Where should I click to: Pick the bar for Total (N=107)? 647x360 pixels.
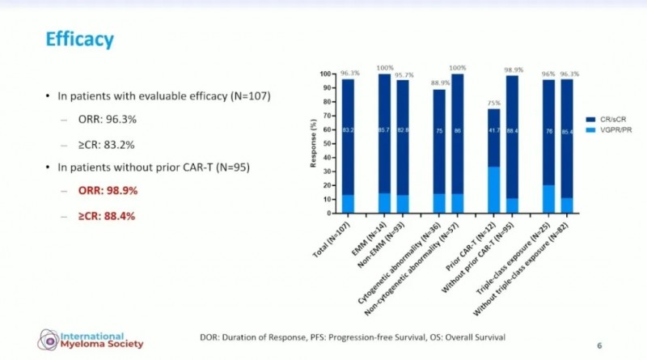point(348,146)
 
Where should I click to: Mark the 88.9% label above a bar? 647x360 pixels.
point(438,83)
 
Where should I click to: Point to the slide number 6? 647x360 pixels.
point(599,345)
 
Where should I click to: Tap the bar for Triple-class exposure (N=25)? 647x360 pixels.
point(548,146)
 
